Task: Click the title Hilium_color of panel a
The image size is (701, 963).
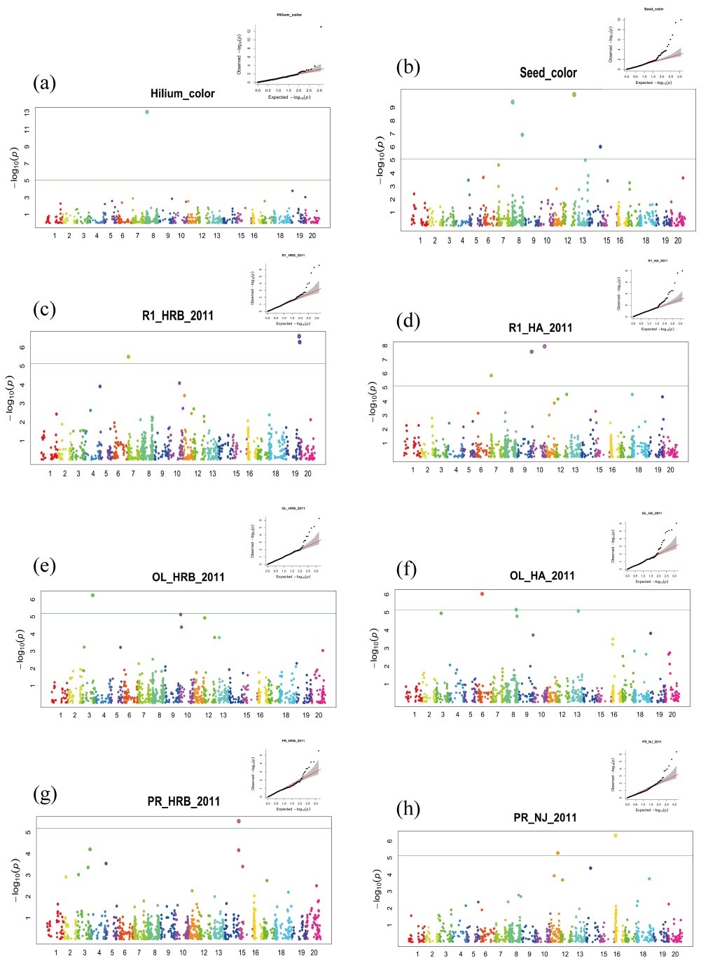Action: click(182, 94)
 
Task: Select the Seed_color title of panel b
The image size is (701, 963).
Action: click(548, 73)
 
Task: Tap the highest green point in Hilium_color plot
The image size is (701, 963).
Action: click(147, 112)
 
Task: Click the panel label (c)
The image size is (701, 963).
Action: click(45, 309)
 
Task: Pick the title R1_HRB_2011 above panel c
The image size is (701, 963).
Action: click(177, 316)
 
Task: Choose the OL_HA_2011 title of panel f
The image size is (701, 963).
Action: click(542, 576)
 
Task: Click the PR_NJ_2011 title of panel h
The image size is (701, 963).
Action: click(545, 817)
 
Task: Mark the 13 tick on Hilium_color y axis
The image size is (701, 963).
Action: click(27, 112)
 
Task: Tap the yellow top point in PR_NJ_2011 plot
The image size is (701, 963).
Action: click(616, 836)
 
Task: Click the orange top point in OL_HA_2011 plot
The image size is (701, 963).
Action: click(482, 593)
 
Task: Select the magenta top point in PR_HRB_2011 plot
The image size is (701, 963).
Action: click(239, 821)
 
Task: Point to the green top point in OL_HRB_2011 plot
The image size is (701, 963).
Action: click(92, 595)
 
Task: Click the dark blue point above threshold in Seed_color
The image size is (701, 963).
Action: click(600, 147)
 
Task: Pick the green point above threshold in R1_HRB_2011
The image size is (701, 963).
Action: click(128, 357)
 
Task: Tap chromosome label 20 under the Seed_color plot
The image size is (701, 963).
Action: click(677, 241)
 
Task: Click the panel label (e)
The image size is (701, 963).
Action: click(45, 565)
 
